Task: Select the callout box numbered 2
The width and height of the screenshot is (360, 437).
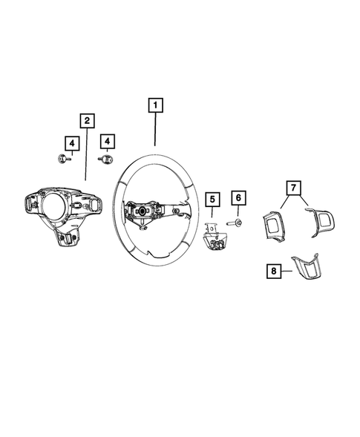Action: click(87, 120)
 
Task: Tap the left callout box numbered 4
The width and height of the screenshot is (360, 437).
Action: click(71, 142)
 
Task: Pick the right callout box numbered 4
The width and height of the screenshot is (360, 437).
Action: click(108, 141)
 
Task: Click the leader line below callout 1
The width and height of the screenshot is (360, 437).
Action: click(154, 130)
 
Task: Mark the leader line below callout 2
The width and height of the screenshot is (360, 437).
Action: click(87, 156)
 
